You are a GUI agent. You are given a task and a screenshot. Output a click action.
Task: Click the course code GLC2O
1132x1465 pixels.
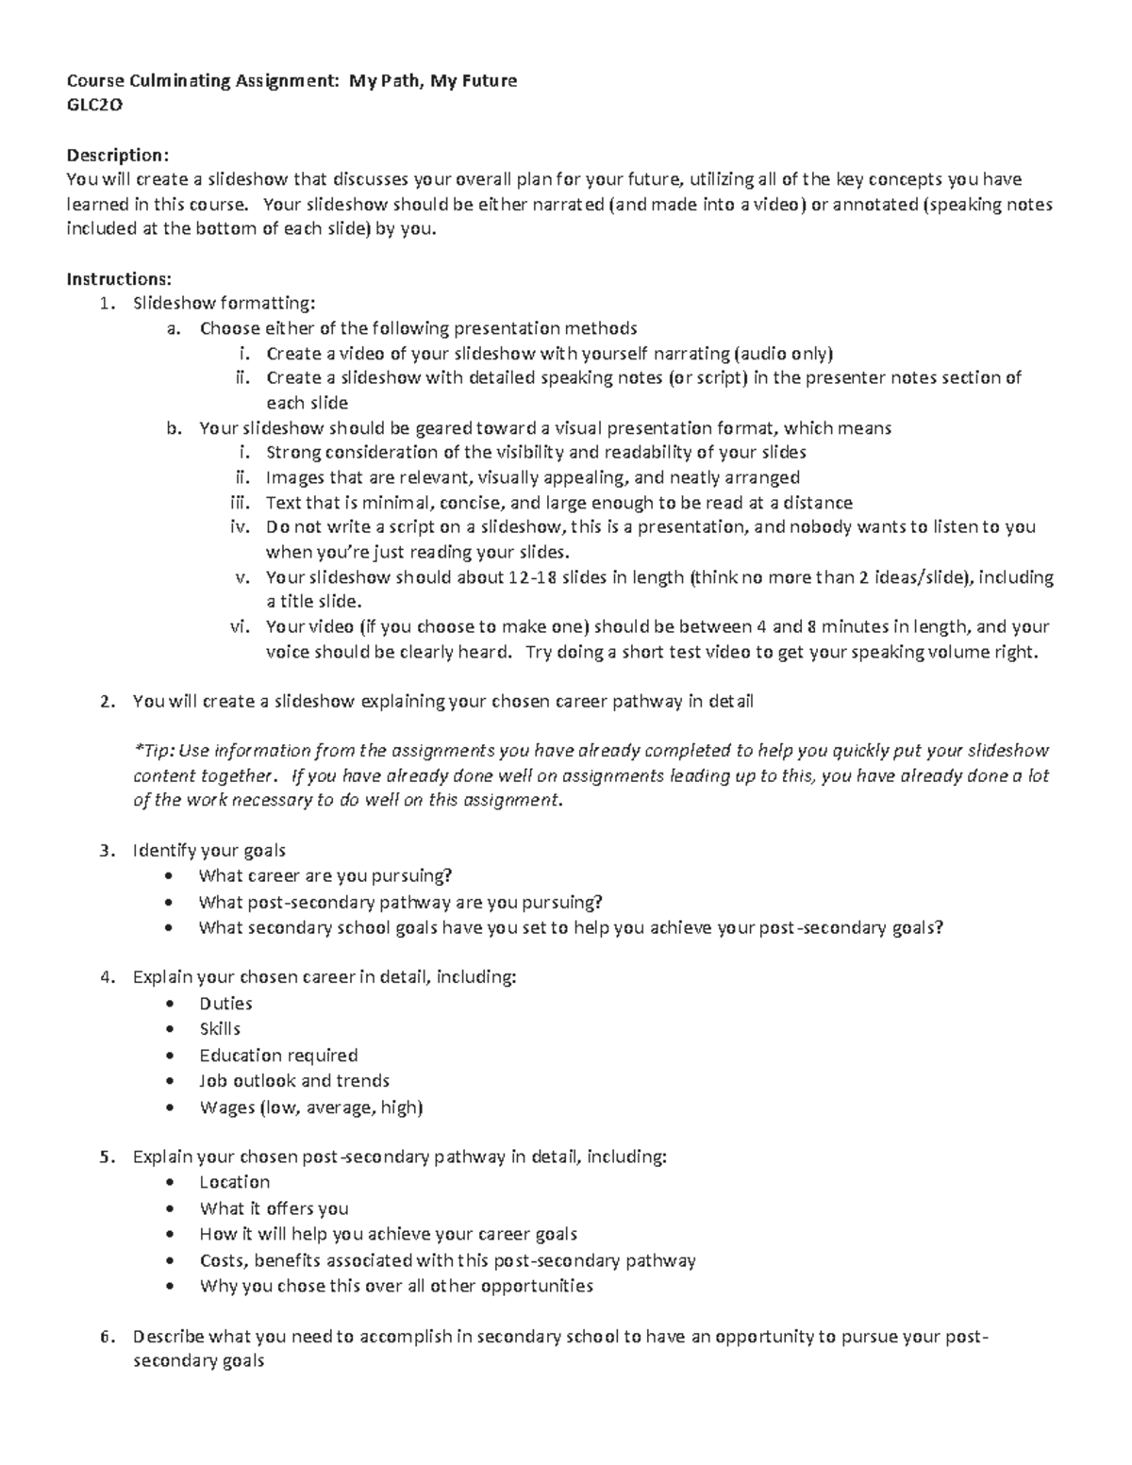coord(93,105)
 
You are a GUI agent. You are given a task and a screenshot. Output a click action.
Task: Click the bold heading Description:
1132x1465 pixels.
coord(117,155)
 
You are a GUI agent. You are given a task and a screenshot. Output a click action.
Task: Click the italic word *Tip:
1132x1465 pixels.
coord(153,751)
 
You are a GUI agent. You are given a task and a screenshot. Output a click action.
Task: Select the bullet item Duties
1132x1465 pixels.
coord(225,1003)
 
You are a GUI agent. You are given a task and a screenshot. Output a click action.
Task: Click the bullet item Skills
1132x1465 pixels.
coord(220,1028)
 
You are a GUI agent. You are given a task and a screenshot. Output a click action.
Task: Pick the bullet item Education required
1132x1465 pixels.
coord(278,1055)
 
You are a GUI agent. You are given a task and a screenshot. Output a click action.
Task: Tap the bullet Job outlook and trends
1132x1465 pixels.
coord(294,1080)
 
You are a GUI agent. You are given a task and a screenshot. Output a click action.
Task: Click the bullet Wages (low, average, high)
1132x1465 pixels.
coord(310,1107)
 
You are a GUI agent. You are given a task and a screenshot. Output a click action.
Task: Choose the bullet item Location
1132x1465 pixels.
coord(234,1182)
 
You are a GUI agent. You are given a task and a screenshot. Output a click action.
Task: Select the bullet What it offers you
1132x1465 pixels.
coord(274,1208)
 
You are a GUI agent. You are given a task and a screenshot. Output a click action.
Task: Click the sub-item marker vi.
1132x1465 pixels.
coord(241,626)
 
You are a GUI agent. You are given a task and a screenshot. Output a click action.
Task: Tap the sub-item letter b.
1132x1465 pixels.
coord(173,428)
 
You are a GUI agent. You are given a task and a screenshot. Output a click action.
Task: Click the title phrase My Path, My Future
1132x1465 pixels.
coord(433,80)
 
